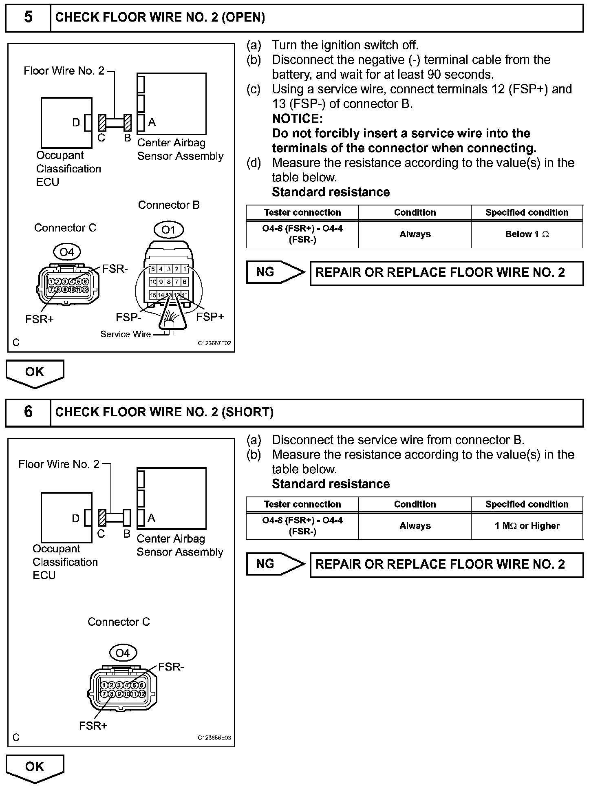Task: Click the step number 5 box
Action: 28,18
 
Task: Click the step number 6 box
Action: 28,412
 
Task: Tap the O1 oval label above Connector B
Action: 168,230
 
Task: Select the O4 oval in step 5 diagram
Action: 67,252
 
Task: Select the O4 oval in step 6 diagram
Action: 122,653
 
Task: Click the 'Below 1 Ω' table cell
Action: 527,234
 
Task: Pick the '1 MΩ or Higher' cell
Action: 527,526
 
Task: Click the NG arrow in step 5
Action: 275,272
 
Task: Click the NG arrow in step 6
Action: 275,564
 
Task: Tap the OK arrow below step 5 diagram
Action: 35,373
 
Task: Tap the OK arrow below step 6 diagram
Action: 35,767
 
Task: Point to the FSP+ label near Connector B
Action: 210,317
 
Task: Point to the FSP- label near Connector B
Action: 128,317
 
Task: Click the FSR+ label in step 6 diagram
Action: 93,726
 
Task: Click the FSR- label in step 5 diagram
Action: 115,269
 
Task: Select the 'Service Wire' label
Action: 126,334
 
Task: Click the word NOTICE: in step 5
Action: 297,119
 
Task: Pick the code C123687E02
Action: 214,343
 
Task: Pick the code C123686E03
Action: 214,738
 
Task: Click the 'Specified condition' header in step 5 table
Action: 527,212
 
